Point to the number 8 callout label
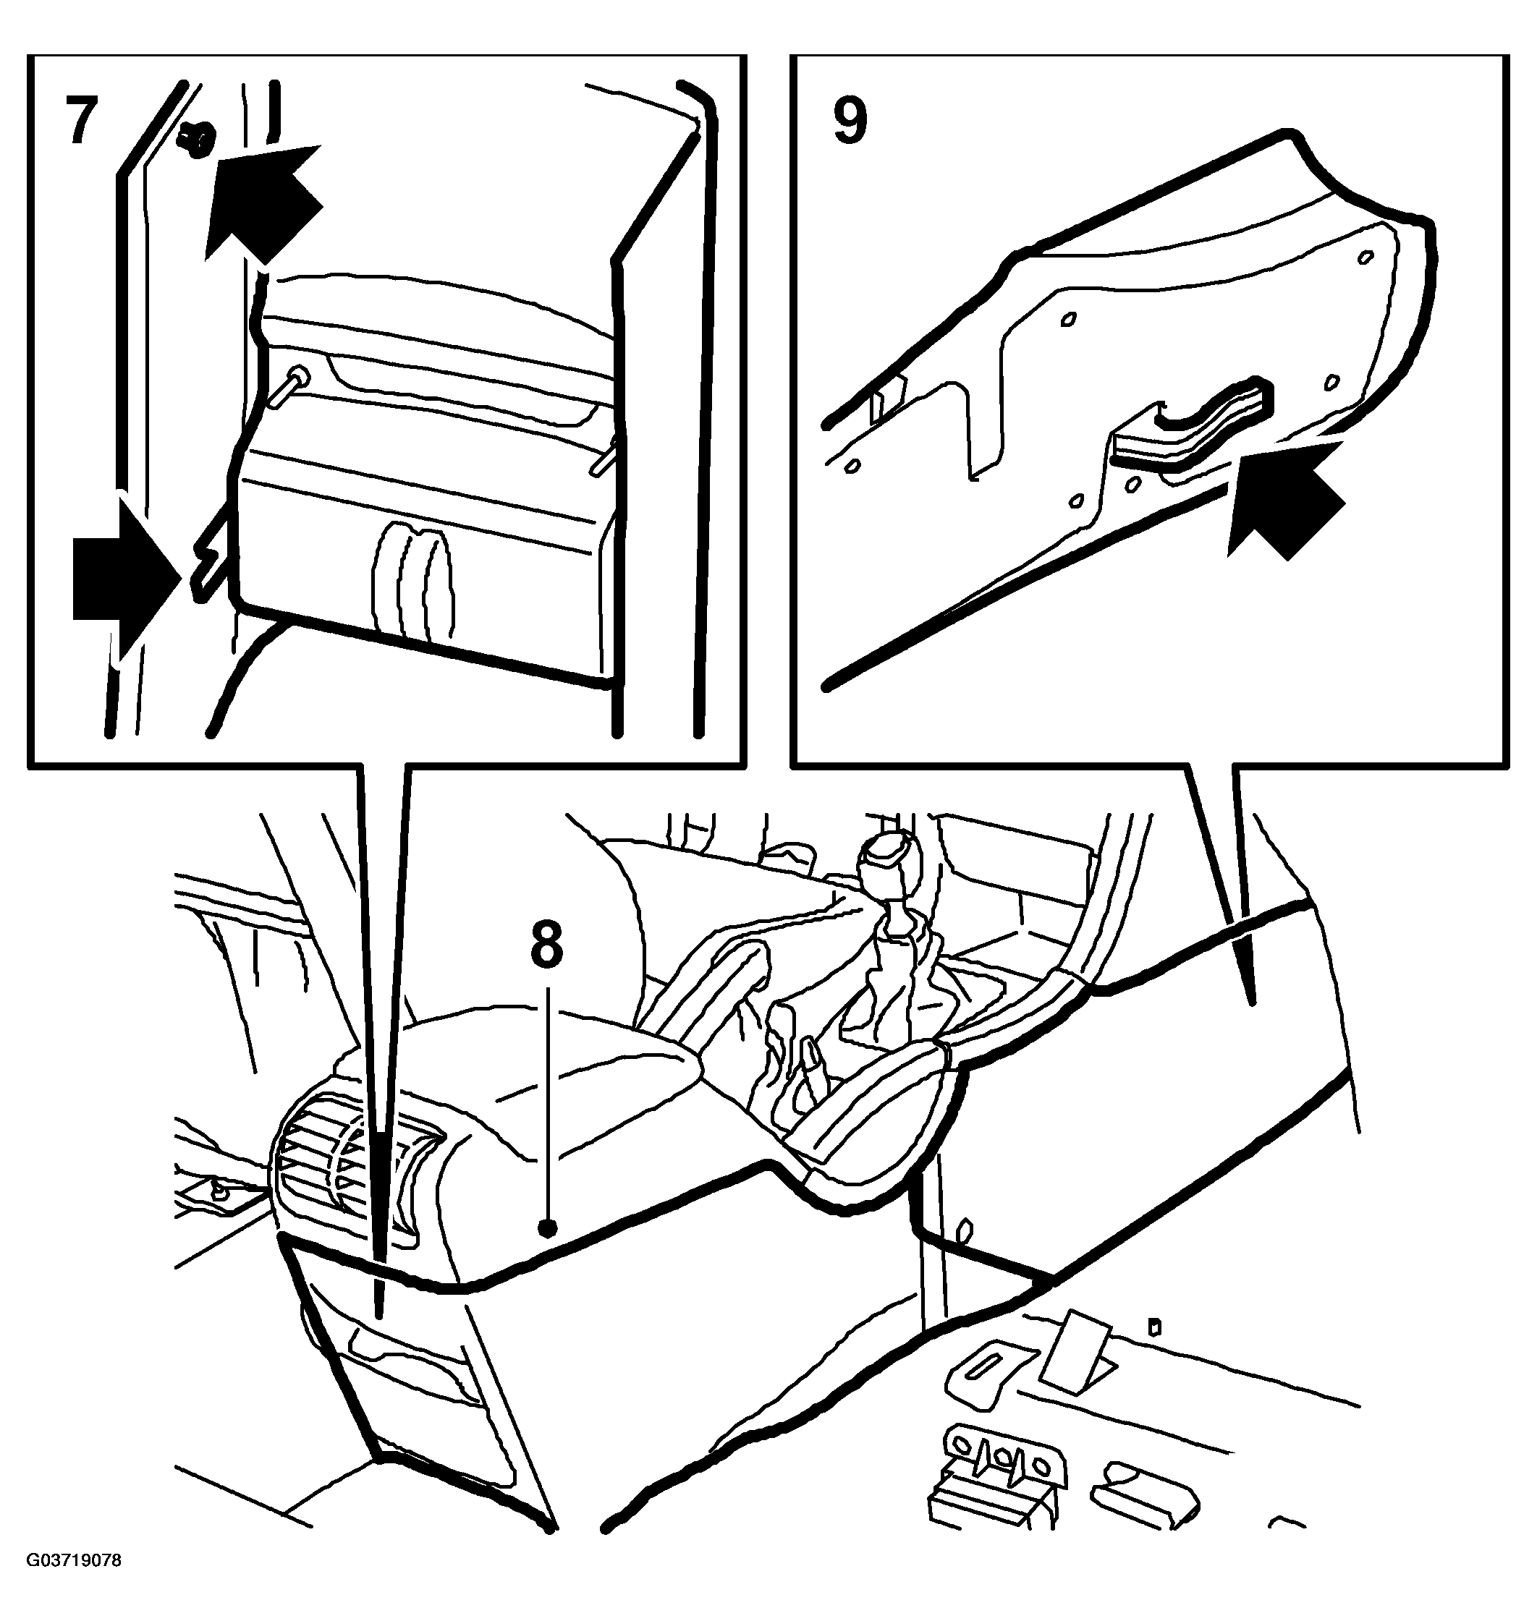(x=547, y=943)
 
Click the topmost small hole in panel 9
(x=1365, y=258)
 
